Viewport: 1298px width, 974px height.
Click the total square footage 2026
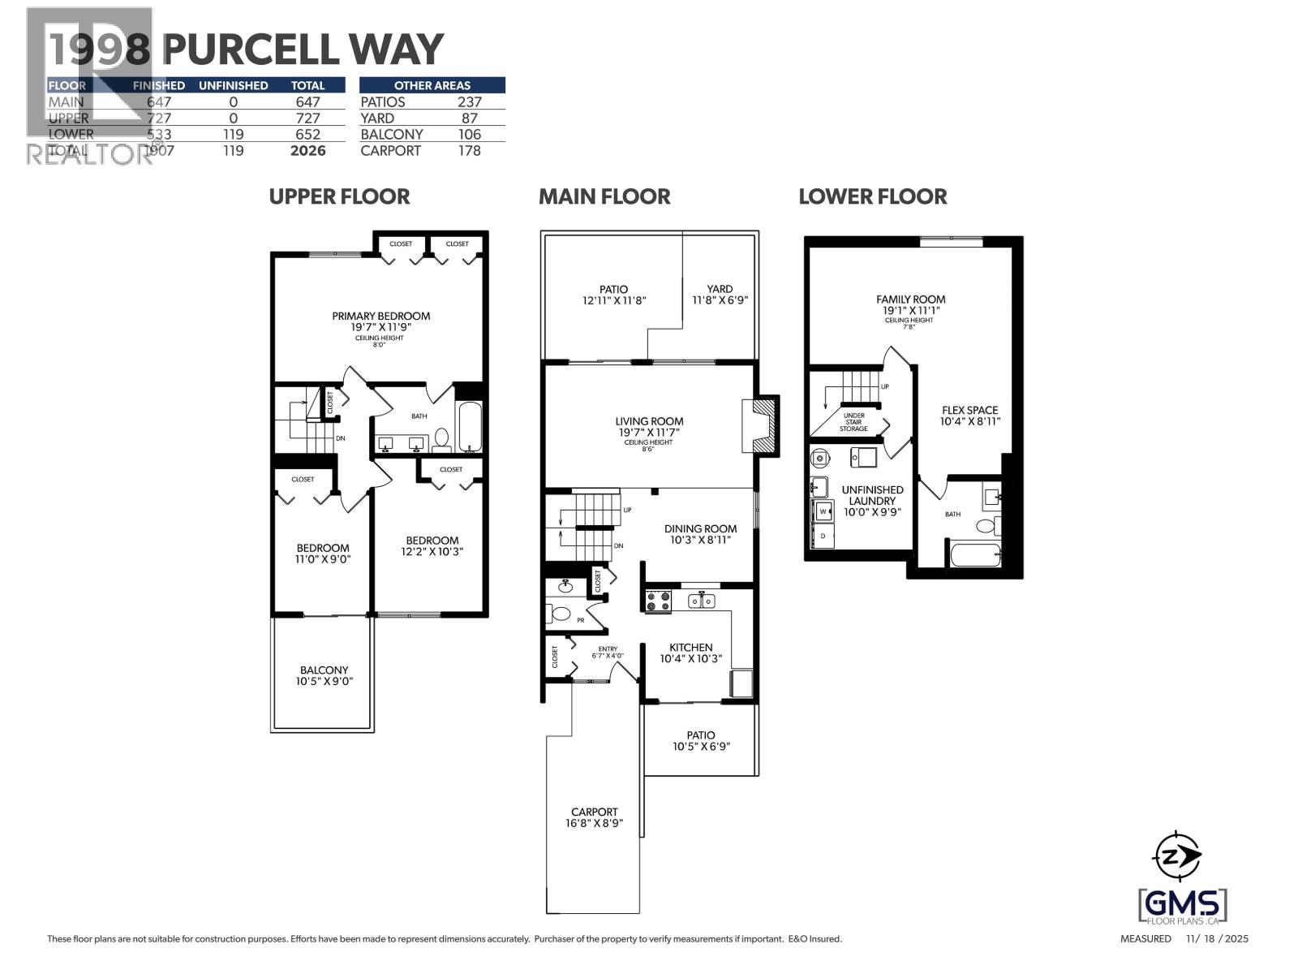click(x=307, y=151)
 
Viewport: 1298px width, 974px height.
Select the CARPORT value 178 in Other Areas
click(x=469, y=151)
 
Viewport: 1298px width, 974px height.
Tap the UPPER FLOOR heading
click(x=339, y=196)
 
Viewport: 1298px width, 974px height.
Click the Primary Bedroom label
click(x=380, y=317)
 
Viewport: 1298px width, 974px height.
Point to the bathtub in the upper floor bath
click(x=470, y=427)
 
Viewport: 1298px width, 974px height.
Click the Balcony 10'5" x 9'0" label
click(x=324, y=676)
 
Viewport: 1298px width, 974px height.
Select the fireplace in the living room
click(x=760, y=425)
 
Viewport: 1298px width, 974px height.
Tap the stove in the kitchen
click(x=658, y=601)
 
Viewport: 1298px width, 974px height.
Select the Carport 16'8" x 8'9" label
click(x=594, y=817)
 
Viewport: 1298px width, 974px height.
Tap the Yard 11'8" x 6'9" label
click(x=719, y=294)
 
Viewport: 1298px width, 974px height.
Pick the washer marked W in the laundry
click(x=823, y=512)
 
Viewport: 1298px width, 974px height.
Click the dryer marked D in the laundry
click(x=823, y=537)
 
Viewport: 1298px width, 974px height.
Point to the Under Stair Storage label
click(x=853, y=422)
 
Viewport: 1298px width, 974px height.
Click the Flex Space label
click(x=969, y=416)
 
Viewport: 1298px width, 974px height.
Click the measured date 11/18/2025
click(x=1217, y=939)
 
